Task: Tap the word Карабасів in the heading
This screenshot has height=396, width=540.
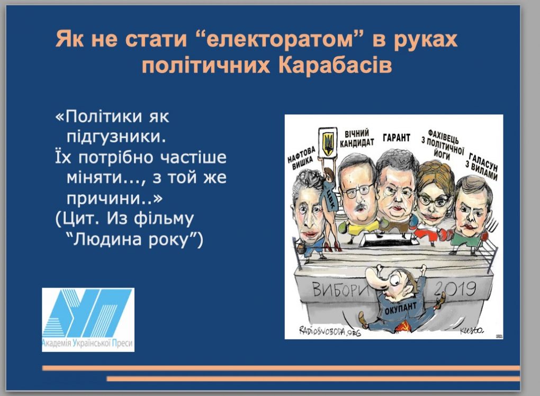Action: pyautogui.click(x=335, y=65)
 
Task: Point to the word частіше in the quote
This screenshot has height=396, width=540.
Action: pyautogui.click(x=194, y=157)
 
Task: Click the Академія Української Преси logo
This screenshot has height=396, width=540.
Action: pyautogui.click(x=88, y=320)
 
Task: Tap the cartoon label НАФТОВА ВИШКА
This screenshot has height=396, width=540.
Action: pyautogui.click(x=302, y=158)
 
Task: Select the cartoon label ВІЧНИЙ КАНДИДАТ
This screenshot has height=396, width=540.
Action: pyautogui.click(x=357, y=138)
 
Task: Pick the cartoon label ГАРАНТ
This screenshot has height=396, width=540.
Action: pyautogui.click(x=397, y=138)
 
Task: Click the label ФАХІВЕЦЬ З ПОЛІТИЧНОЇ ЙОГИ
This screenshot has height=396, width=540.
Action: pyautogui.click(x=443, y=145)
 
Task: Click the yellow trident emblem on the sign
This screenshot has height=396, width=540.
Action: pyautogui.click(x=328, y=143)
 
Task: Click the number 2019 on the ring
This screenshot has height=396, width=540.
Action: pyautogui.click(x=455, y=289)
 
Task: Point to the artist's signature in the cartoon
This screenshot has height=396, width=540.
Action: pyautogui.click(x=472, y=330)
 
